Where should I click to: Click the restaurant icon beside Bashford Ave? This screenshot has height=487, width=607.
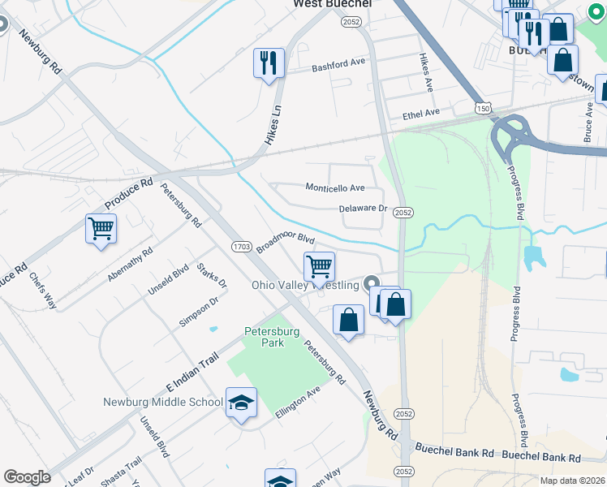click(x=269, y=62)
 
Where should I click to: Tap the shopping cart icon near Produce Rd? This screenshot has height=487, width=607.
click(x=101, y=229)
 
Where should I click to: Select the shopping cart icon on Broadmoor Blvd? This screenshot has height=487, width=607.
click(x=320, y=266)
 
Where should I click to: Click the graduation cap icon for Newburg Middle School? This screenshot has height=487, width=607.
click(x=240, y=403)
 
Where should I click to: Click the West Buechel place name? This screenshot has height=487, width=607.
click(x=332, y=5)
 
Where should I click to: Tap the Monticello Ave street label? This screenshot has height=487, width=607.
click(x=335, y=187)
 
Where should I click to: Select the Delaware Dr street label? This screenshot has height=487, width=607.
click(x=364, y=209)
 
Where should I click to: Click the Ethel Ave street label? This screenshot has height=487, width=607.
click(x=420, y=114)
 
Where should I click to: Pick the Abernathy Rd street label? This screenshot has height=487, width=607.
click(x=130, y=265)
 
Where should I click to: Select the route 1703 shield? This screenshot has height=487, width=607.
click(x=241, y=247)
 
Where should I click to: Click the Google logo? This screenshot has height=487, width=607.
click(x=27, y=477)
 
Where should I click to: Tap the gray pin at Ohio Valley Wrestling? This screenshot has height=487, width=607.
click(x=372, y=284)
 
